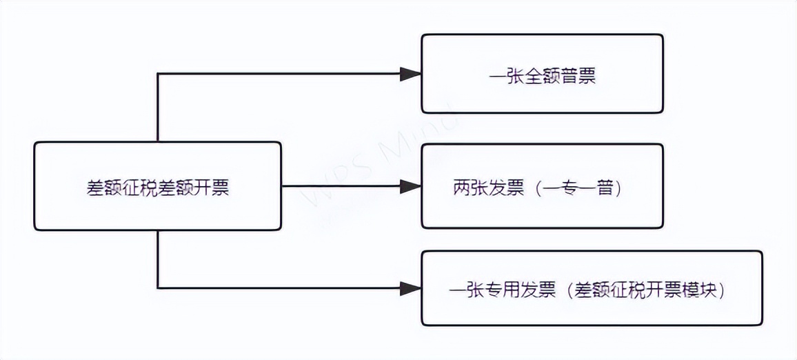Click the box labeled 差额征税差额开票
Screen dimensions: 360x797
pyautogui.click(x=157, y=186)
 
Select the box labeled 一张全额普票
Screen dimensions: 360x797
pyautogui.click(x=542, y=74)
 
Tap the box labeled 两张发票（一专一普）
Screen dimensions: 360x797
pyautogui.click(x=542, y=186)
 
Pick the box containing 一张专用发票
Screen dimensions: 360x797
pyautogui.click(x=592, y=288)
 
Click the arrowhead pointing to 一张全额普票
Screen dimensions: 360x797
pyautogui.click(x=411, y=74)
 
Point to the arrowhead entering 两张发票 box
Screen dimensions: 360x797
pyautogui.click(x=411, y=186)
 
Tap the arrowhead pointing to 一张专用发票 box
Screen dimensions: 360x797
pyautogui.click(x=411, y=288)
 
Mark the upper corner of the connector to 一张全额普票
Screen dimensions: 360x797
pyautogui.click(x=158, y=74)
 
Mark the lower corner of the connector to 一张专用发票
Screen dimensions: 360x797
pyautogui.click(x=158, y=288)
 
